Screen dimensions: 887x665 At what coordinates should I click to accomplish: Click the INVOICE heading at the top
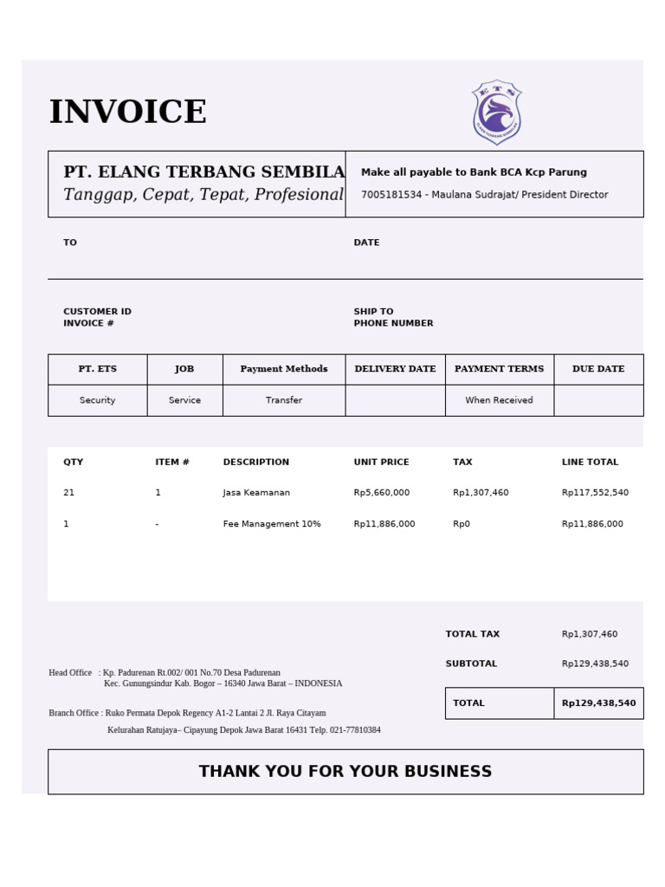tap(127, 113)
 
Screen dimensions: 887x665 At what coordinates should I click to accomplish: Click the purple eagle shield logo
tap(496, 113)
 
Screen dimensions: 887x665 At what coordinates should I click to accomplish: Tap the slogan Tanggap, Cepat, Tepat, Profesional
tap(203, 195)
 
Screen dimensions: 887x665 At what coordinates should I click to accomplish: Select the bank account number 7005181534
tap(391, 195)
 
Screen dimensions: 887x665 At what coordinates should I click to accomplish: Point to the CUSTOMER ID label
tap(97, 312)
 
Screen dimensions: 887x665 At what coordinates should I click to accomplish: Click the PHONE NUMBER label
tap(393, 324)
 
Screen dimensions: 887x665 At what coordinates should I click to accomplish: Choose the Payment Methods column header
tap(284, 369)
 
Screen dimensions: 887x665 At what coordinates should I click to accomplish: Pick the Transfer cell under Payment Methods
tap(284, 400)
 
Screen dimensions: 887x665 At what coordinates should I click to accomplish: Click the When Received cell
tap(499, 400)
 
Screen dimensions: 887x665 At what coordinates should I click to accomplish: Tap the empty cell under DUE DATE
tap(598, 400)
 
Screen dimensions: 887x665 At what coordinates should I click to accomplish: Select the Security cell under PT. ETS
tap(97, 400)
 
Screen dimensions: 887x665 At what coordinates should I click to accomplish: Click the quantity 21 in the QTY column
tap(69, 493)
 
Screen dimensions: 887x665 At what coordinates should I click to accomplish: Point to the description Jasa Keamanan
tap(256, 493)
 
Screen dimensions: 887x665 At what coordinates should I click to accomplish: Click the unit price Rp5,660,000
tap(382, 493)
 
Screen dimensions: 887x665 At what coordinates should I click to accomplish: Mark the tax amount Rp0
tap(462, 524)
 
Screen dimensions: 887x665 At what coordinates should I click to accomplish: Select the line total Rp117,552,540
tap(595, 493)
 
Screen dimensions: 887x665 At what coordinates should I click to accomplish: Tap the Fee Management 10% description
tap(272, 524)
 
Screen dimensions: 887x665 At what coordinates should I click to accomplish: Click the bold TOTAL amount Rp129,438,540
tap(598, 703)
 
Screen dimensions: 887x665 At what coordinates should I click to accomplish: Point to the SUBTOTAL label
tap(471, 664)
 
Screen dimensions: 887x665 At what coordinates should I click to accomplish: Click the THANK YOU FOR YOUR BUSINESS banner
tap(345, 772)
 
